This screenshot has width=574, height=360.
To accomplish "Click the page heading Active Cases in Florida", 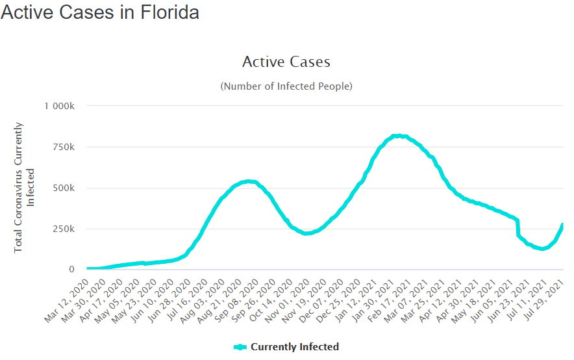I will (x=100, y=12).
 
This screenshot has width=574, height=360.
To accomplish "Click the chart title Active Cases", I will (x=286, y=62).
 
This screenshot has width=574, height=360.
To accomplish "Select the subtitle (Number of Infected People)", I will (x=286, y=86).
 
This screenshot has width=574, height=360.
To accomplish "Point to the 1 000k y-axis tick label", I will (x=60, y=106).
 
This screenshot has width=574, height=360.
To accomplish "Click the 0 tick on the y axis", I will (x=71, y=269).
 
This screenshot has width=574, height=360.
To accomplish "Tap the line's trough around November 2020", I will (x=306, y=233).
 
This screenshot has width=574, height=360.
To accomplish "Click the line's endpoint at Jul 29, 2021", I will (x=562, y=225).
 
